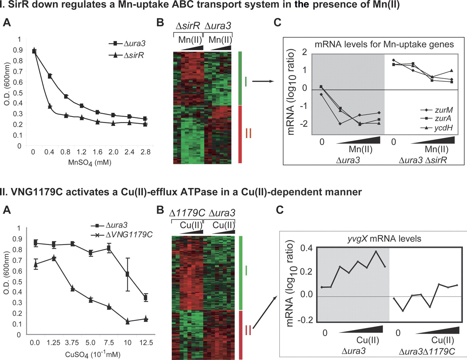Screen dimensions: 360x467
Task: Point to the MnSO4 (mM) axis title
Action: (x=89, y=162)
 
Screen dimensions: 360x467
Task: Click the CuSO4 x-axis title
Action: (x=93, y=355)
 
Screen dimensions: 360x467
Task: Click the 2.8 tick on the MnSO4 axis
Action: (x=145, y=152)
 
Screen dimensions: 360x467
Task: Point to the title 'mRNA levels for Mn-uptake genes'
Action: (x=384, y=45)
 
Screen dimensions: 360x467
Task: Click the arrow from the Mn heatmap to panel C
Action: (x=263, y=81)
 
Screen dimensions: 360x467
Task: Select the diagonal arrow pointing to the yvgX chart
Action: (x=263, y=313)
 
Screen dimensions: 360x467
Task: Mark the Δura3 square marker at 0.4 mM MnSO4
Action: (x=50, y=76)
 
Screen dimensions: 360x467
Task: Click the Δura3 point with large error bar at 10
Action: (x=127, y=274)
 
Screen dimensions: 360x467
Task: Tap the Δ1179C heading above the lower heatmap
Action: (x=187, y=212)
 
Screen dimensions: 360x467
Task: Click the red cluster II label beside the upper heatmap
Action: (x=248, y=134)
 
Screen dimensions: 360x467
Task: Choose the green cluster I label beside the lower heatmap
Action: (x=247, y=271)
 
